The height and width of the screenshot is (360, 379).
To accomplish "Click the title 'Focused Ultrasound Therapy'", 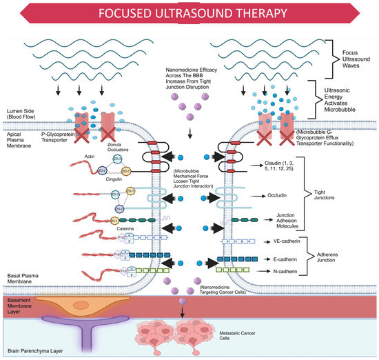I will coord(189,14).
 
